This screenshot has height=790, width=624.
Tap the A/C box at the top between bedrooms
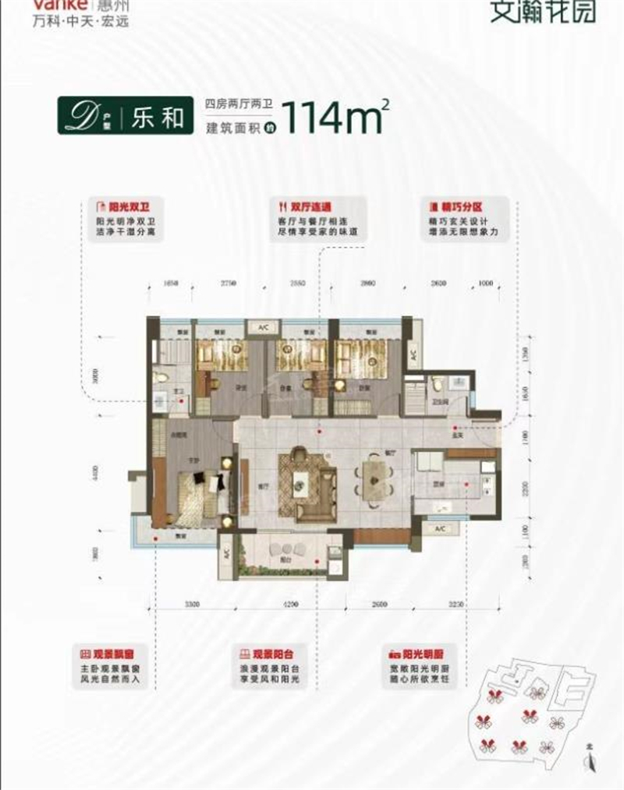tap(258, 329)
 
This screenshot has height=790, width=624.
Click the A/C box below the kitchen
tap(439, 529)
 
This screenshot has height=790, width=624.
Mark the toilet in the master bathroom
tap(161, 378)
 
